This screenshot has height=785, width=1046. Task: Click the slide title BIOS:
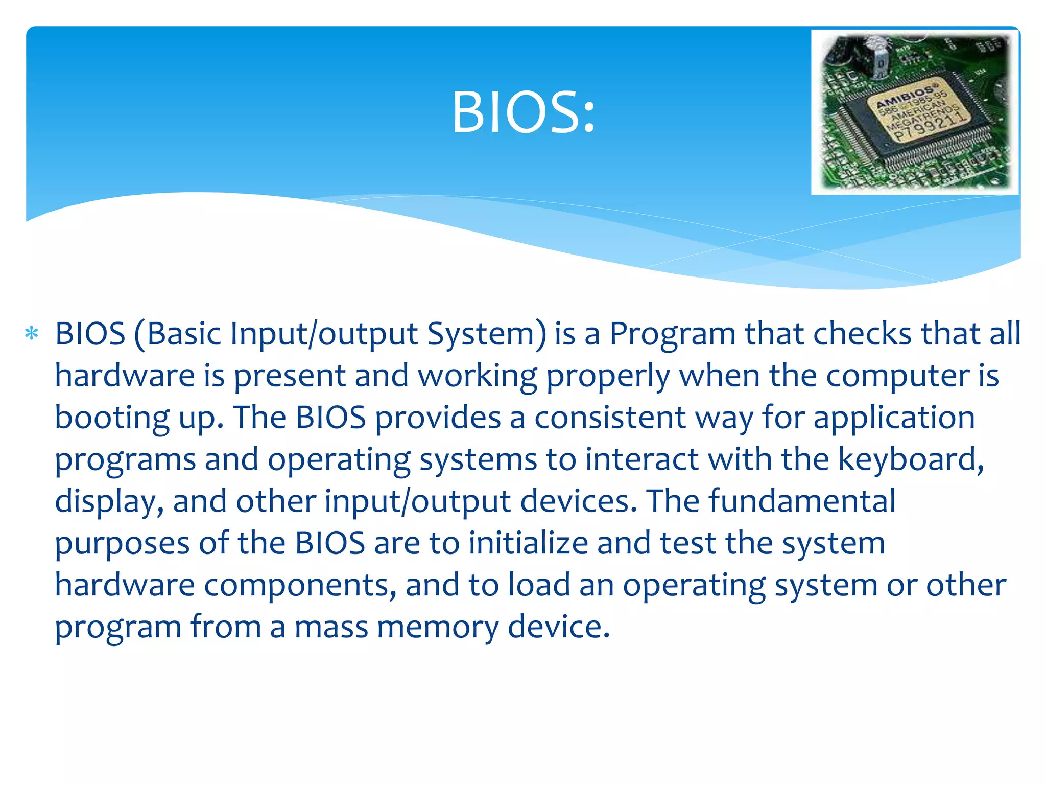[523, 112]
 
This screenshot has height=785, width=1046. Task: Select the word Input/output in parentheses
[324, 334]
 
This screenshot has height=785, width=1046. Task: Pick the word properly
[608, 376]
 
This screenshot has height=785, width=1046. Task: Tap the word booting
[112, 418]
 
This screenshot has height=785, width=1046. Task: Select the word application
[894, 418]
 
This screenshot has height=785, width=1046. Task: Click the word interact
[641, 459]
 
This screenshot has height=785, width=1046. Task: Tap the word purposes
[122, 544]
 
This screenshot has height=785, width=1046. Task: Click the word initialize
[528, 543]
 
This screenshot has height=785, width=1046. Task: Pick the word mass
[331, 628]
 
